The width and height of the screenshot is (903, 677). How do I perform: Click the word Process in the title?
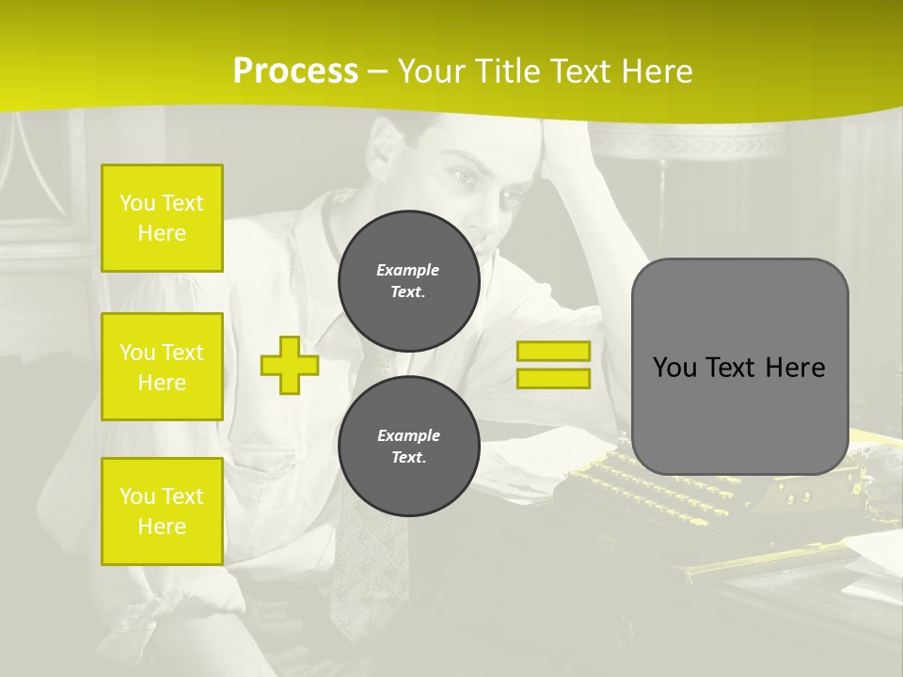(x=295, y=71)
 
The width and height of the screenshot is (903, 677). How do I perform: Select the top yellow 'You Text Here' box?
(x=162, y=218)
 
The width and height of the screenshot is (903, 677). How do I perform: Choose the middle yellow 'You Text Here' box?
(x=162, y=367)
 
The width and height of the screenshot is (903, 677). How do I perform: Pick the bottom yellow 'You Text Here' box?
(x=162, y=511)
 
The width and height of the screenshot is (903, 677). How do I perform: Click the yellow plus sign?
(x=290, y=365)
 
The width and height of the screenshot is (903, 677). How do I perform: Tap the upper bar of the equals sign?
(x=553, y=351)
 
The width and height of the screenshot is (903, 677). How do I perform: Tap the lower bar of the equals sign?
(x=553, y=378)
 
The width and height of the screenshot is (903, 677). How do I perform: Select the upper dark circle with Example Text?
(x=408, y=281)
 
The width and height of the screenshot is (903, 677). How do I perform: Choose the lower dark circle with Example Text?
(x=408, y=447)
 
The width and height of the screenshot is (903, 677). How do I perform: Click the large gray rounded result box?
(x=739, y=367)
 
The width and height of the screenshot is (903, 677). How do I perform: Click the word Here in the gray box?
(x=795, y=368)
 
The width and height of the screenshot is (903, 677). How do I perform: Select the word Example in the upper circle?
(x=408, y=270)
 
